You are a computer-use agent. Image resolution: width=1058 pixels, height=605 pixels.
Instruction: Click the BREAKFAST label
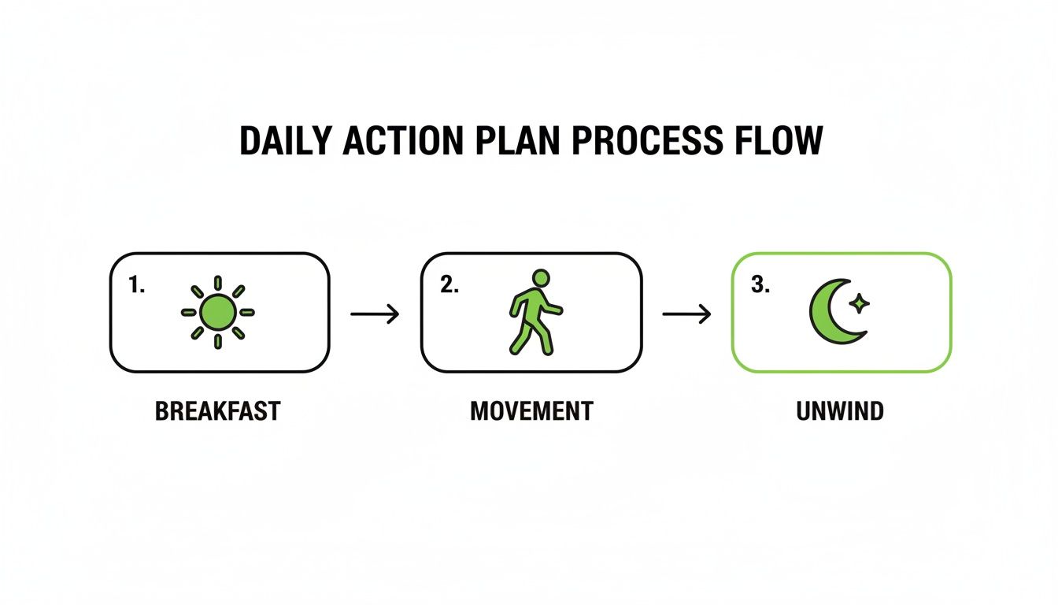pyautogui.click(x=218, y=410)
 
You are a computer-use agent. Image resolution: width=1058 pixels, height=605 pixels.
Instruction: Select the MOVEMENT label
pyautogui.click(x=531, y=410)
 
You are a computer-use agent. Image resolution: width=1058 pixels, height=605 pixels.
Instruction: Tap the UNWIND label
pyautogui.click(x=840, y=410)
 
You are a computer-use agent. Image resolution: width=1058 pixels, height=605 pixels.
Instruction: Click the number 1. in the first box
pyautogui.click(x=136, y=285)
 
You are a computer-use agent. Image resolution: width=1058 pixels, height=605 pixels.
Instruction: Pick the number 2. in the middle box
pyautogui.click(x=449, y=285)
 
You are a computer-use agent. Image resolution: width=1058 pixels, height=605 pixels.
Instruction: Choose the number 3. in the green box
pyautogui.click(x=760, y=285)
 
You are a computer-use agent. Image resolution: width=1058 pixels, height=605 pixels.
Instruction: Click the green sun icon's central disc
pyautogui.click(x=218, y=312)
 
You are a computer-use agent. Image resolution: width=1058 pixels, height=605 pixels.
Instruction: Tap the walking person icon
pyautogui.click(x=535, y=313)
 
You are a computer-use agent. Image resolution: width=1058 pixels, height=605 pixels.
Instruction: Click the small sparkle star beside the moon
pyautogui.click(x=860, y=303)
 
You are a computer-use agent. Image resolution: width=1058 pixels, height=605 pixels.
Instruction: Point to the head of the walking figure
pyautogui.click(x=541, y=277)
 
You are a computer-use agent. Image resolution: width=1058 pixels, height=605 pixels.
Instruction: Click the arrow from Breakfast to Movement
pyautogui.click(x=375, y=314)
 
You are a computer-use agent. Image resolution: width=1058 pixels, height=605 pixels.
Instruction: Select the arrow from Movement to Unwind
pyautogui.click(x=686, y=314)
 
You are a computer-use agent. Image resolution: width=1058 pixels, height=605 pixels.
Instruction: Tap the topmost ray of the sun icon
pyautogui.click(x=218, y=283)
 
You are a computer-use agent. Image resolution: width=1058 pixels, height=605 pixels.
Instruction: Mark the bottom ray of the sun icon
pyautogui.click(x=218, y=342)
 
